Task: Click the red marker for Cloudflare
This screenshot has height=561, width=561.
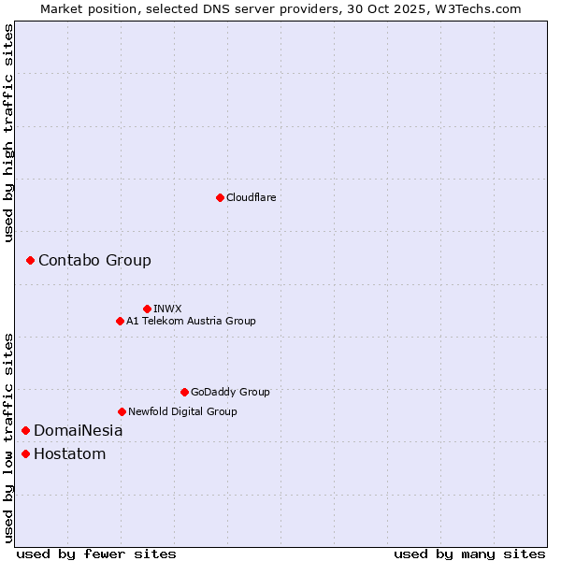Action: click(220, 197)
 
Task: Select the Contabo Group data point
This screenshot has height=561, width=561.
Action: click(30, 260)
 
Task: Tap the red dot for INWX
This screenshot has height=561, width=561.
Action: click(147, 309)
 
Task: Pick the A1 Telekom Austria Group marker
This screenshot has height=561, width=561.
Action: click(120, 321)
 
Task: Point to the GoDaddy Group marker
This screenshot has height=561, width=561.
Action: click(184, 392)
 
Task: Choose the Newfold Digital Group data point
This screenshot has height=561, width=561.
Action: click(122, 411)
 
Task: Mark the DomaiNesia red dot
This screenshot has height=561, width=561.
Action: click(25, 430)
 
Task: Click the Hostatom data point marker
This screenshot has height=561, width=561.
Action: click(25, 454)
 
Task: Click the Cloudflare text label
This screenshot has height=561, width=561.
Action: click(251, 197)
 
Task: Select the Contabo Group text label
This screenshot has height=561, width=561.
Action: click(94, 260)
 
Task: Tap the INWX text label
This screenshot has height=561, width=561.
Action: click(167, 309)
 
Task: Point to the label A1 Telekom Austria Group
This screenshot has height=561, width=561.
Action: click(191, 321)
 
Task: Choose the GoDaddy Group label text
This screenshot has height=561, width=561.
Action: click(230, 392)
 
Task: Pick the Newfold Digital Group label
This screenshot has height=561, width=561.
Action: click(182, 411)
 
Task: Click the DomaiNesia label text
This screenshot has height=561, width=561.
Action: click(78, 431)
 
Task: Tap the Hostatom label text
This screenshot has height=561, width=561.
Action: click(69, 454)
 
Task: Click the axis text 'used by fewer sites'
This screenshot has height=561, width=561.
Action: click(96, 554)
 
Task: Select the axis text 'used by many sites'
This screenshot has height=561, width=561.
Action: click(469, 554)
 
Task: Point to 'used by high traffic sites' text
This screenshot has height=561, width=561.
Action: click(8, 133)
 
